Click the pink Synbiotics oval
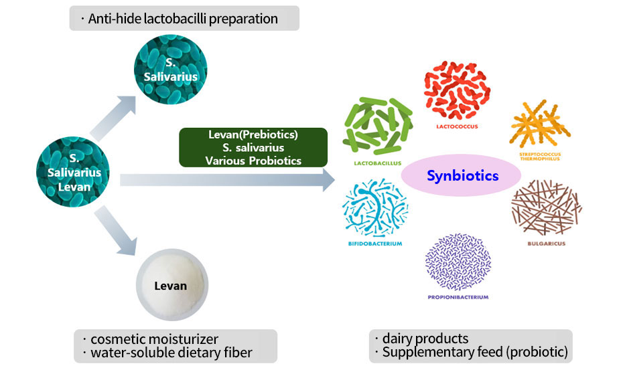tap(463, 176)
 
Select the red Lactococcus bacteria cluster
tap(454, 88)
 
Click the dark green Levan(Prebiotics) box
tap(253, 147)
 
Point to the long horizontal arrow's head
tap(328, 180)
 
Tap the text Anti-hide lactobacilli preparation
tap(183, 19)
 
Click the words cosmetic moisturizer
tap(151, 339)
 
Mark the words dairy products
tap(425, 339)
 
